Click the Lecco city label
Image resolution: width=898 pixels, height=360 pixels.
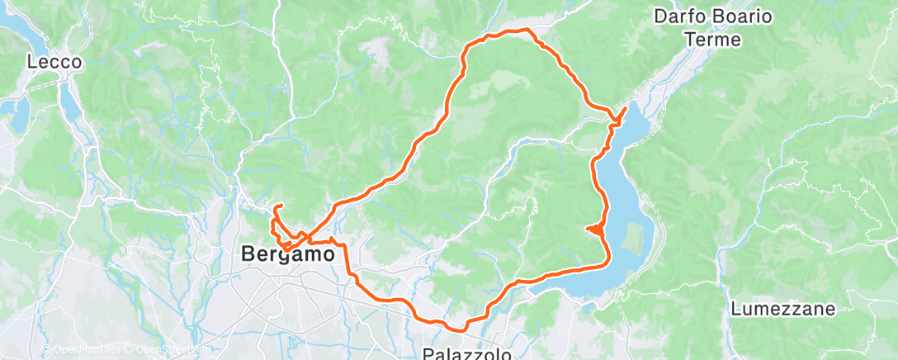click(x=54, y=62)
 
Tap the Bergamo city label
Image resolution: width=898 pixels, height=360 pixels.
click(x=288, y=254)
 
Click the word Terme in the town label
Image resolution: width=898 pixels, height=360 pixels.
click(x=712, y=39)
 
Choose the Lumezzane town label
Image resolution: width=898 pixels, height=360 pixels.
click(x=783, y=310)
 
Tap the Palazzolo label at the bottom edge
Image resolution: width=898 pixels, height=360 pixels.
click(x=466, y=353)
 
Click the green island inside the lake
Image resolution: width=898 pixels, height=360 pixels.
click(x=633, y=238)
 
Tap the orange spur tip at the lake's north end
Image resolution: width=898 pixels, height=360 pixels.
click(x=625, y=108)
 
